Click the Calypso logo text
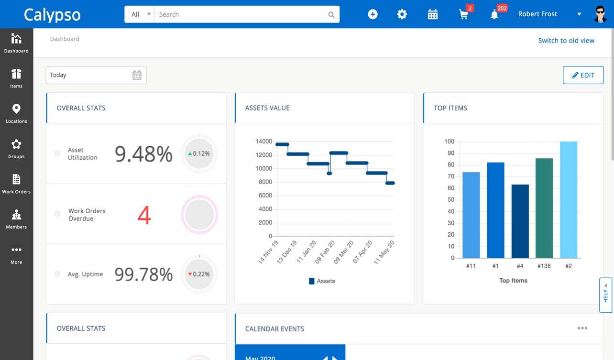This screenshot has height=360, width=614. (52, 14)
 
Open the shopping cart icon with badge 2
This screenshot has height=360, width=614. (463, 14)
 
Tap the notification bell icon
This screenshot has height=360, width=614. (494, 14)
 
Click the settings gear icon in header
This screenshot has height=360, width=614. (402, 14)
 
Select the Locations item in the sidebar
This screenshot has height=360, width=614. (16, 114)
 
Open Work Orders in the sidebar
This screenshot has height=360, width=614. (16, 184)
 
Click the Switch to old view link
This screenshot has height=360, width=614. (566, 41)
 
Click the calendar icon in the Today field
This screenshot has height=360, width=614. (137, 75)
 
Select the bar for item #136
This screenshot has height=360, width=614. (544, 208)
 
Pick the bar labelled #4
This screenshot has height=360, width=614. (520, 221)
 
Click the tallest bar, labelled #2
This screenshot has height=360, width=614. (569, 200)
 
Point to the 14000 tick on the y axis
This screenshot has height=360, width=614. (263, 142)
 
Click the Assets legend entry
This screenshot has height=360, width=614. (322, 281)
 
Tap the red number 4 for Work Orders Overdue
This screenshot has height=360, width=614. (144, 215)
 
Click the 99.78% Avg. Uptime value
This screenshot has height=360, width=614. (143, 274)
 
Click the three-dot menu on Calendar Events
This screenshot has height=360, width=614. (582, 328)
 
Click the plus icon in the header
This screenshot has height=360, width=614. (373, 14)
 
